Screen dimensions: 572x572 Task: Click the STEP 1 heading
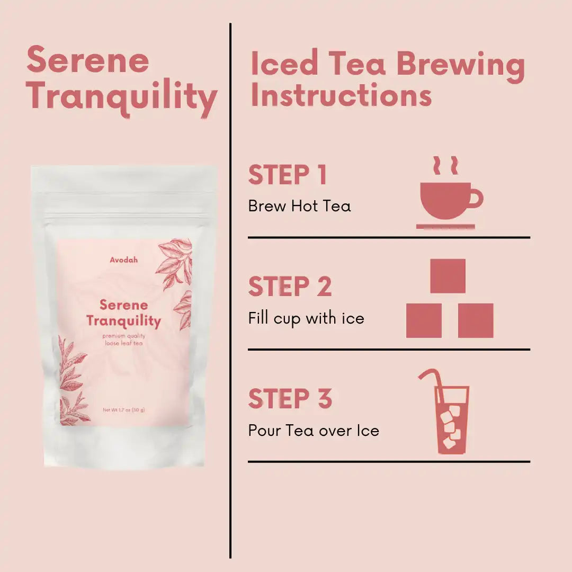point(288,175)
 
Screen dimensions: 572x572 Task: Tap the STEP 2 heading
point(290,287)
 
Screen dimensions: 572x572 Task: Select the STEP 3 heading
point(290,398)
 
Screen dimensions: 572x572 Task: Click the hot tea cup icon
point(450,193)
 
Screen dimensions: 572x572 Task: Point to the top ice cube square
point(448,276)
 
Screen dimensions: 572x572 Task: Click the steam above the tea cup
point(445,165)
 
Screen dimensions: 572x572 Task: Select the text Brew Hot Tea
point(299,206)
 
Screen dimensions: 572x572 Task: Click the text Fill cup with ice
point(306,318)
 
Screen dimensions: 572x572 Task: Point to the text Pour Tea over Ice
point(314,431)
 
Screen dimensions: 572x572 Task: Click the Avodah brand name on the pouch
point(123,260)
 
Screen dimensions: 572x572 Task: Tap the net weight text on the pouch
point(123,409)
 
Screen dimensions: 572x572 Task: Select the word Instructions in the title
point(342,95)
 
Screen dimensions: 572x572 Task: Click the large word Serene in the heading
point(88,60)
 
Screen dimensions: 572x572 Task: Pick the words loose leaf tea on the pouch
point(123,343)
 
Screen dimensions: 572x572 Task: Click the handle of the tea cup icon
point(476,199)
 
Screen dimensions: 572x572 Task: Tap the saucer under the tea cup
point(446,227)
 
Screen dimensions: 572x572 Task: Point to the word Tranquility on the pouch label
point(123,321)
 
